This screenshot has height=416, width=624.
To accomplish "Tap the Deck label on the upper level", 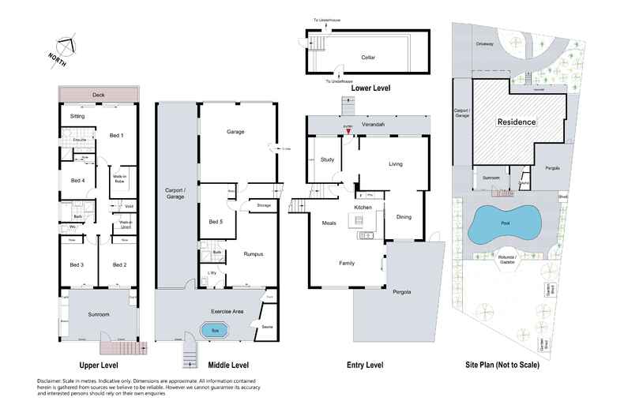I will point(98,95).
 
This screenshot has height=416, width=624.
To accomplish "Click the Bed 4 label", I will point(77,180).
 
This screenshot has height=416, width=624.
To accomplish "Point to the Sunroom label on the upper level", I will point(98,314).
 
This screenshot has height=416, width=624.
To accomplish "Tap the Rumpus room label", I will point(253,253).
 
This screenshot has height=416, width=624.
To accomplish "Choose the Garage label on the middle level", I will point(236,131).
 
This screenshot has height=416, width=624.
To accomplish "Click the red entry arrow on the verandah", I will point(347,132).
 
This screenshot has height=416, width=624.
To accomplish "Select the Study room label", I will point(326,159).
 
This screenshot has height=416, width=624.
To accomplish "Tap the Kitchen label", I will point(363,207).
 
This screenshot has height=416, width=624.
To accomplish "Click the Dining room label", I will point(404,217).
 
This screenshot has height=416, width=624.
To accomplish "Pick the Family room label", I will point(347,263).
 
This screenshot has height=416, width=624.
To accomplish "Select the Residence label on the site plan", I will point(516,122).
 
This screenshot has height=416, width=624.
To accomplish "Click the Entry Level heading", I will point(365,365).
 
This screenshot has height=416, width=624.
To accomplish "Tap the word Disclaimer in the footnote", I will point(53,380).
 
